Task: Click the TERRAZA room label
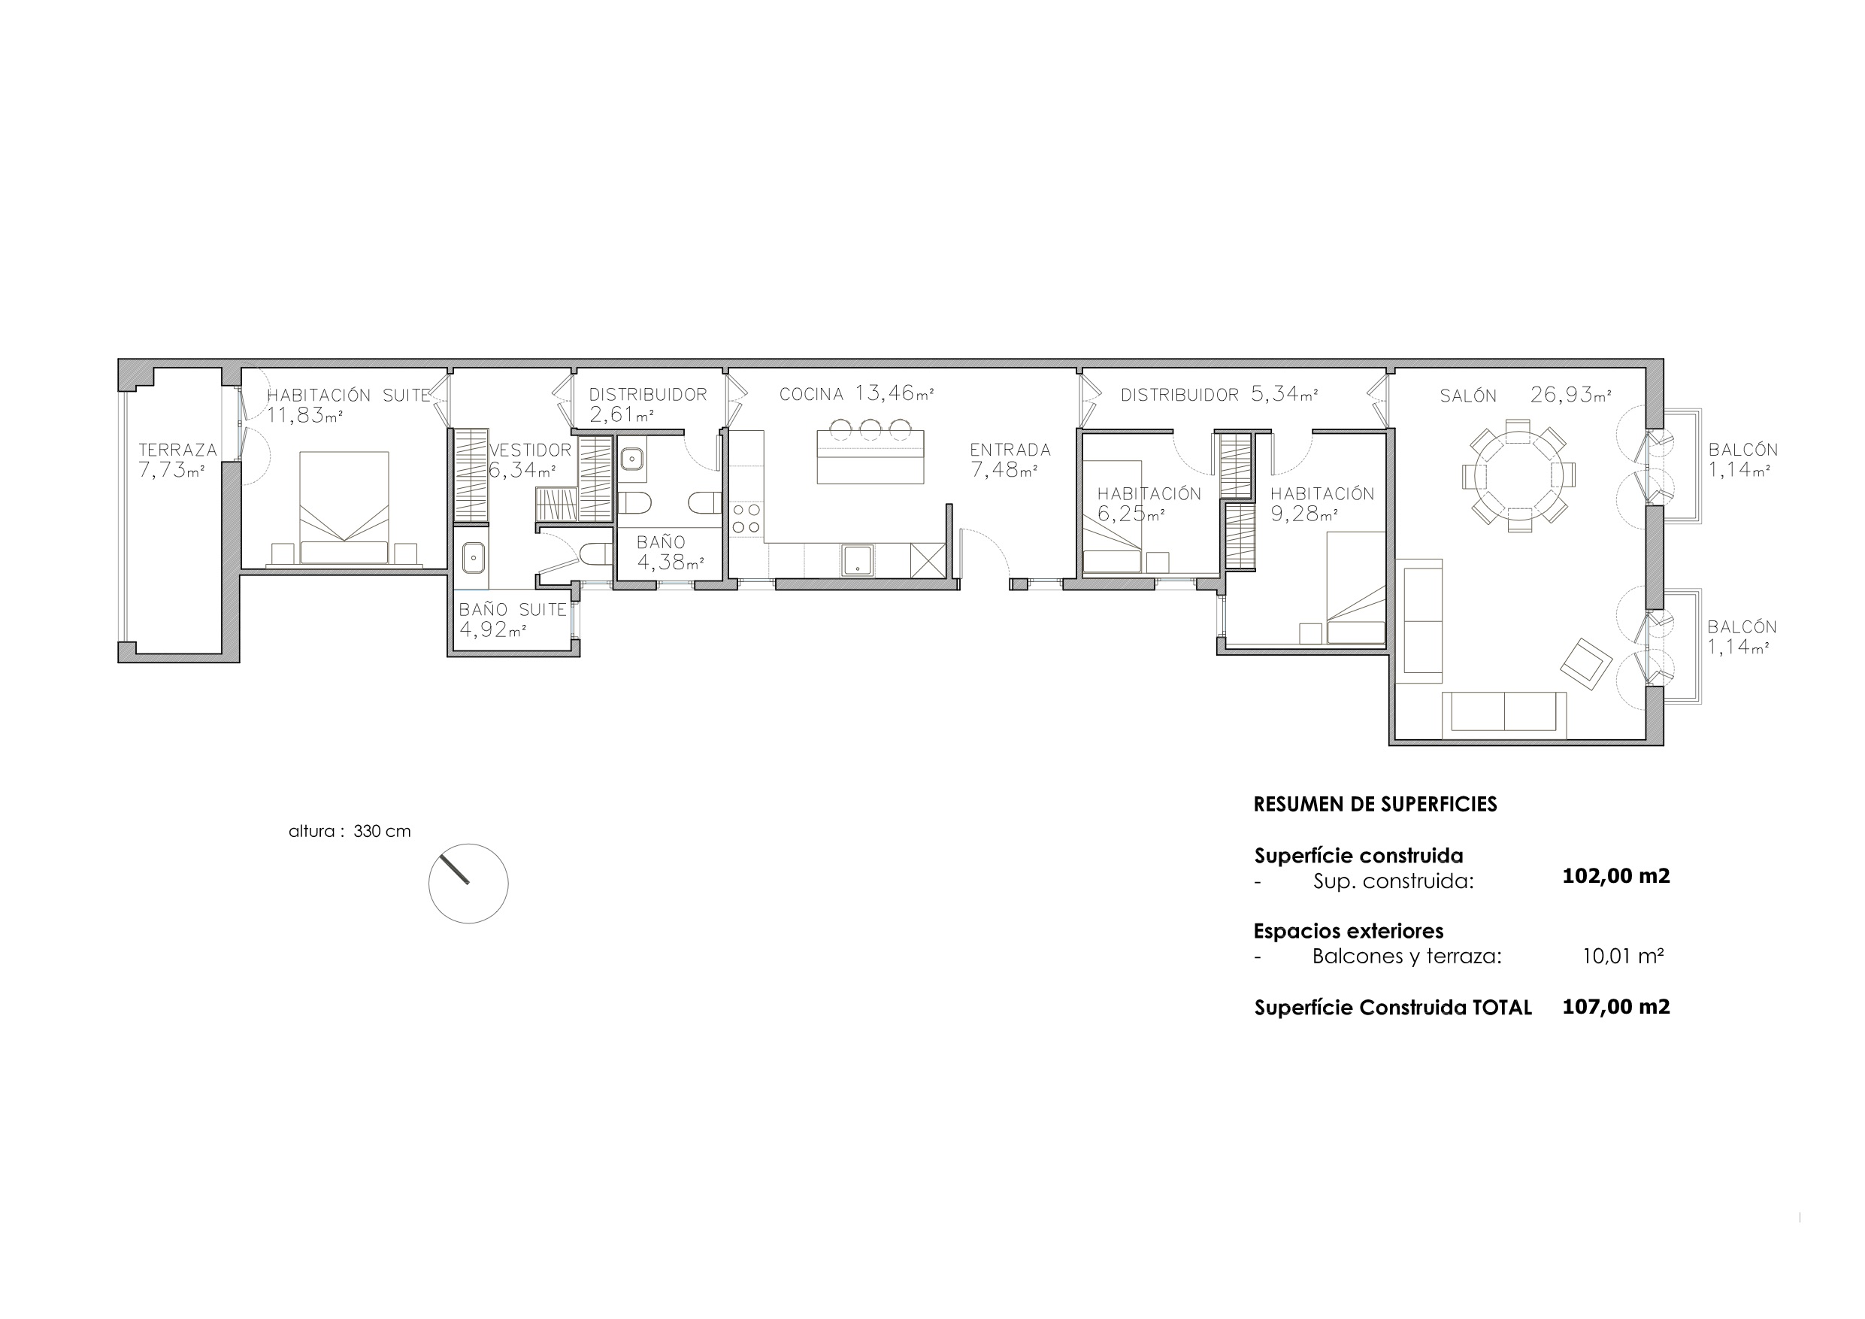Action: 178,450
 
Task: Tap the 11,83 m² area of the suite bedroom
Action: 304,416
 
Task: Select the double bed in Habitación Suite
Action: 344,508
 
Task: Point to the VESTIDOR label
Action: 531,450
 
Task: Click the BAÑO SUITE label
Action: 513,610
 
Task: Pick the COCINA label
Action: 811,395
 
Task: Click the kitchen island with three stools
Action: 870,451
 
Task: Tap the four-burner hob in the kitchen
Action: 746,518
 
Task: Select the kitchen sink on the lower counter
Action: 858,560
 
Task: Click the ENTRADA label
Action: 1010,450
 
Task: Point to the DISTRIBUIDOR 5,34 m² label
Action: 1219,395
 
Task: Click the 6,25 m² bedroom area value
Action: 1131,514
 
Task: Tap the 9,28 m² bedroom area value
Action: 1304,514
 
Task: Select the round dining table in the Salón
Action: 1518,475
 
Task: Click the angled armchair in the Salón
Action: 1586,664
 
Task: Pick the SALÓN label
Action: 1469,396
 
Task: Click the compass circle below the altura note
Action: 468,884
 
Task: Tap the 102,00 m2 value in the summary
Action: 1616,876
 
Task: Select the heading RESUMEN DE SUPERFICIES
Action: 1375,805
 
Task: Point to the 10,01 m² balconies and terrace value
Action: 1623,957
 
